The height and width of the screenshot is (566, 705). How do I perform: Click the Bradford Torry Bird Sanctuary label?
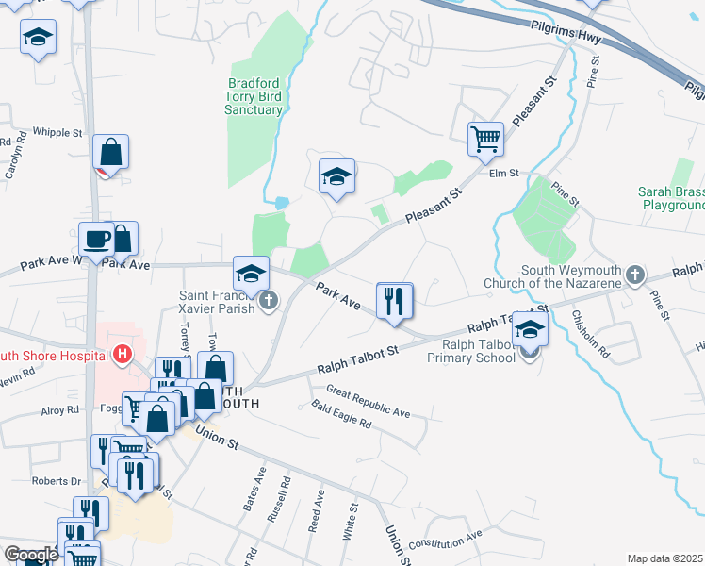[x=254, y=96]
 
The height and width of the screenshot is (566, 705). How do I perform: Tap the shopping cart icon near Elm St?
[x=485, y=140]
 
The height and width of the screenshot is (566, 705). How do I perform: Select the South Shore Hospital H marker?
[x=121, y=355]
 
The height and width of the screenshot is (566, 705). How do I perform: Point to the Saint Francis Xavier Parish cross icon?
[x=269, y=302]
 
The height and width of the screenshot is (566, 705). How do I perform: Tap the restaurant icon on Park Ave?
[x=394, y=300]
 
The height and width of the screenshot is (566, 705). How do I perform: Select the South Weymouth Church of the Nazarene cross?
[x=636, y=275]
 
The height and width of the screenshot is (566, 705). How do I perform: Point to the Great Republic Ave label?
[x=369, y=401]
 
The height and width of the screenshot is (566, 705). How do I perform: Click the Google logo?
[x=30, y=554]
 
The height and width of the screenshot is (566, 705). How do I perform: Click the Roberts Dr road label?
[x=56, y=481]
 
